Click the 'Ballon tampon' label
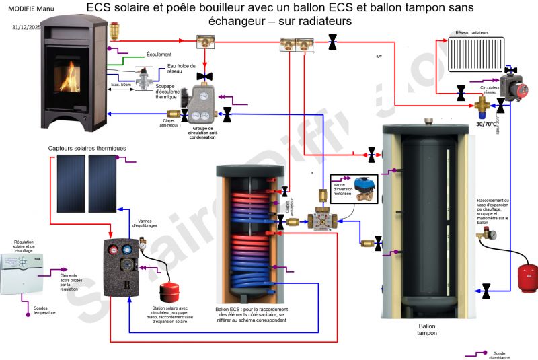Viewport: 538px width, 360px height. pyautogui.click(x=426, y=329)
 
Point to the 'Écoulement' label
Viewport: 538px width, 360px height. pyautogui.click(x=159, y=54)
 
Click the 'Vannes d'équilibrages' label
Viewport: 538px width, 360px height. pyautogui.click(x=148, y=223)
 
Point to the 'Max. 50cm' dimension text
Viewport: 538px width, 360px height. pyautogui.click(x=121, y=85)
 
